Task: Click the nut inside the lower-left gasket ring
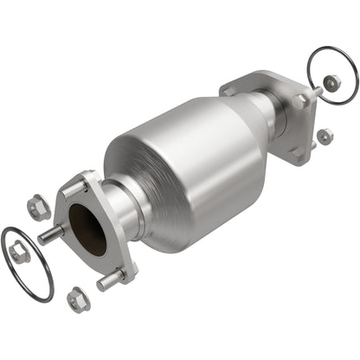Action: pos(19,254)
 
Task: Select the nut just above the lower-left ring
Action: pos(37,208)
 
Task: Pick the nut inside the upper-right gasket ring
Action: pos(331,82)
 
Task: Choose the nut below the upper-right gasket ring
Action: pos(325,136)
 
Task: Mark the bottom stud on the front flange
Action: pos(110,280)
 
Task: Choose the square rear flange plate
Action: pos(290,121)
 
